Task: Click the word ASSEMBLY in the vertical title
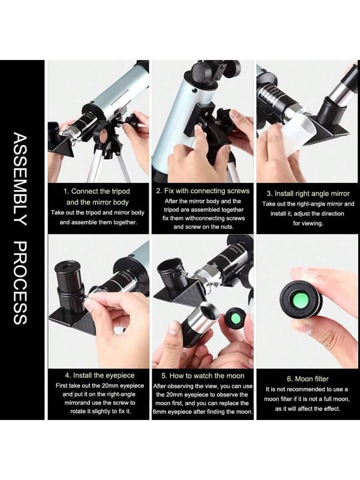(x=20, y=179)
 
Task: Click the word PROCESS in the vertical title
(x=20, y=282)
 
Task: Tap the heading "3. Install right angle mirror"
(x=308, y=194)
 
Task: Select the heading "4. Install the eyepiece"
(x=100, y=376)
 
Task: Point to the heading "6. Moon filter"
(x=308, y=379)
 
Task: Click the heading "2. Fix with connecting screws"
(x=203, y=191)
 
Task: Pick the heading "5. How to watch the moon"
(x=203, y=376)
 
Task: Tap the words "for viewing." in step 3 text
(x=308, y=224)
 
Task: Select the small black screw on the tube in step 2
(x=194, y=90)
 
